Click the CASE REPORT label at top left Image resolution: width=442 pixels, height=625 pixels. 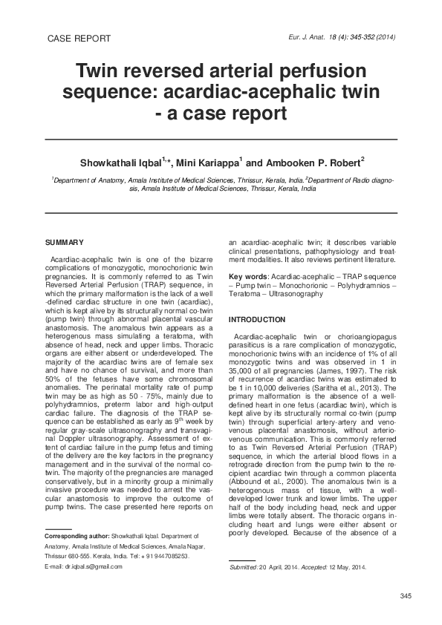(79, 39)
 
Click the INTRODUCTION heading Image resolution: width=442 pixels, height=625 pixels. (257, 319)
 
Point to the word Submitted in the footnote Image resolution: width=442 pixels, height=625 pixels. (244, 567)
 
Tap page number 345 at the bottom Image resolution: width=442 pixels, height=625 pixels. (406, 598)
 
